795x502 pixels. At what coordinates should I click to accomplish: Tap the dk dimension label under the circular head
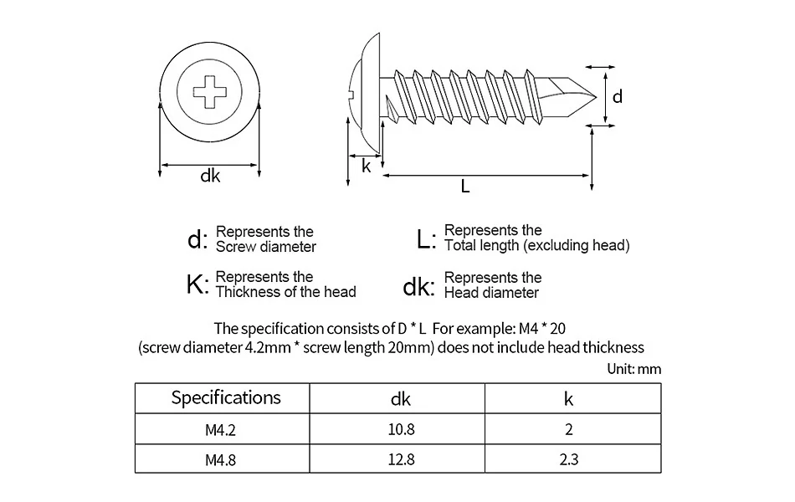[210, 176]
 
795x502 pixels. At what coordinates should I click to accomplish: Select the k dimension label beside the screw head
[366, 166]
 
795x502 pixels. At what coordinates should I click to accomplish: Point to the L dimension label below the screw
[465, 187]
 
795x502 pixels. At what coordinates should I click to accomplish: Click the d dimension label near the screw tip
[618, 97]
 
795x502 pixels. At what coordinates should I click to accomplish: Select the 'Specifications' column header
[226, 397]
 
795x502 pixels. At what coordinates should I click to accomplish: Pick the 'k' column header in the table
[569, 398]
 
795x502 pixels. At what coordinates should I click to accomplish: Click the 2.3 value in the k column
[569, 458]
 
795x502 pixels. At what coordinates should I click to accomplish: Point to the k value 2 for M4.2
[569, 430]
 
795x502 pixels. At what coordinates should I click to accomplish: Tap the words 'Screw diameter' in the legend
[266, 247]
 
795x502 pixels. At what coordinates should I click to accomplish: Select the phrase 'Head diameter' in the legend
[491, 293]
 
